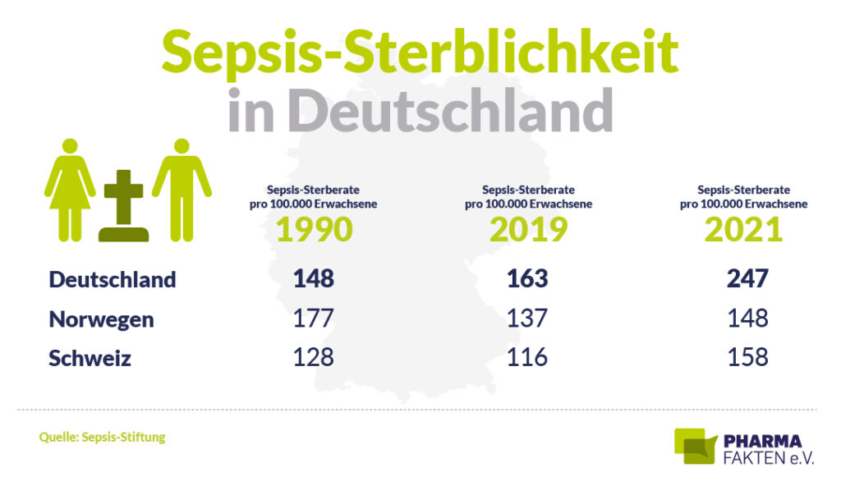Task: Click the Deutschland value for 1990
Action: (x=314, y=279)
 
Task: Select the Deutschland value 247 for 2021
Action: (x=747, y=279)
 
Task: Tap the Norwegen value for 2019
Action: (x=527, y=319)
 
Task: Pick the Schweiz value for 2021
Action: (x=747, y=358)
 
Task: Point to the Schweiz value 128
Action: (x=314, y=358)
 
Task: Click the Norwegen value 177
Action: (x=314, y=319)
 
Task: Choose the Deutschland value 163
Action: (x=527, y=279)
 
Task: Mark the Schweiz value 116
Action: (x=527, y=358)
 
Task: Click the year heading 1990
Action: (x=314, y=230)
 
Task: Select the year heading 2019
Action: (x=528, y=230)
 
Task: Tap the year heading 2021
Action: (x=743, y=230)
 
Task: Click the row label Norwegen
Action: (x=101, y=319)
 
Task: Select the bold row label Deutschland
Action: (x=113, y=279)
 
